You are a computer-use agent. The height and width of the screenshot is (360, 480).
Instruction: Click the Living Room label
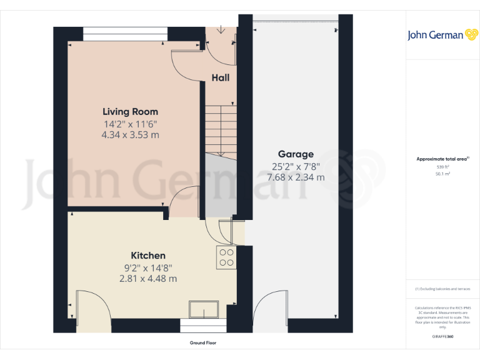(130, 112)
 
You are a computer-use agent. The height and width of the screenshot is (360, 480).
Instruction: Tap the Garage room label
(296, 154)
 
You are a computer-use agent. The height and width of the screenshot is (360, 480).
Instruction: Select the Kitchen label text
(148, 256)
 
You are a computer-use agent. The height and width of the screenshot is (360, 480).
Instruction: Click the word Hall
(220, 78)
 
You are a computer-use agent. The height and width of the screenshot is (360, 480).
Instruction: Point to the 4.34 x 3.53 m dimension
(131, 134)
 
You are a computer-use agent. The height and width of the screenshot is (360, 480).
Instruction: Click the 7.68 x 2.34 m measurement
(296, 177)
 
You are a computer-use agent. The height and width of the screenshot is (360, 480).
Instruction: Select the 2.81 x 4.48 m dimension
(148, 279)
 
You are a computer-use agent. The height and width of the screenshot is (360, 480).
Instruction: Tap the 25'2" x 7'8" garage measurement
(296, 166)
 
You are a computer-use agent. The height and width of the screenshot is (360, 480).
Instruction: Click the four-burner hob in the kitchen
(226, 258)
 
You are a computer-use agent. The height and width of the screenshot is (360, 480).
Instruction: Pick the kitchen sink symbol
(204, 309)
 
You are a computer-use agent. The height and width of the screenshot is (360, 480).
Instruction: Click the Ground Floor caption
(203, 343)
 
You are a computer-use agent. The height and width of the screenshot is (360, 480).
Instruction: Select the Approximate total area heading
(442, 159)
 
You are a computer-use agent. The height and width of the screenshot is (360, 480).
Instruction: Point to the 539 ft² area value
(442, 167)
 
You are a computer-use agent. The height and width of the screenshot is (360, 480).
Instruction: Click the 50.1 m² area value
(442, 175)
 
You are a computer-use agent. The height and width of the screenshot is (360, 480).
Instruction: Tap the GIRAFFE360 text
(442, 336)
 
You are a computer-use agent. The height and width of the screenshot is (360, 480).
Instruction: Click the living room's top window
(125, 34)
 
